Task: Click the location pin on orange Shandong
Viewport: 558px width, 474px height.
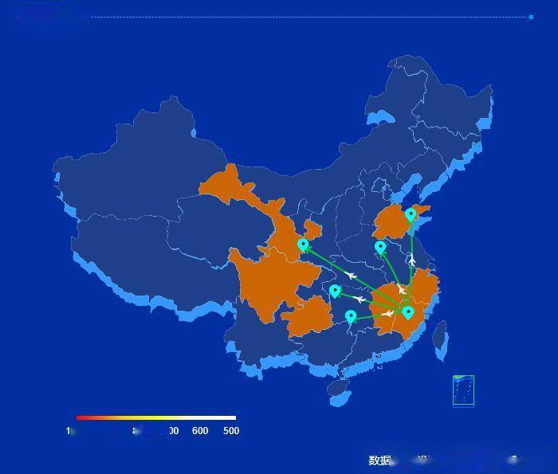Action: [411, 214]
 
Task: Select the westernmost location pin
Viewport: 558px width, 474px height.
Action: [303, 244]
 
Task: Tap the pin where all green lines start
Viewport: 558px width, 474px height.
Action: [408, 311]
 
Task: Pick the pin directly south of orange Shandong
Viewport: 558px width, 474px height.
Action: [380, 247]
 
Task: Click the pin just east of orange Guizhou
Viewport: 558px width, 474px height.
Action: [351, 316]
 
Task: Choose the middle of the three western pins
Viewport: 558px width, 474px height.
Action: [335, 291]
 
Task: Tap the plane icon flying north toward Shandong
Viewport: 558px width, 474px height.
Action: [411, 260]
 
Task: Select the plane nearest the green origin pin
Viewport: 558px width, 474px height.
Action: [388, 313]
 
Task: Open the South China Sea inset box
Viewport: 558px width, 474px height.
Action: [463, 390]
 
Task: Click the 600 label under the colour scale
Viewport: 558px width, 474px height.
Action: [200, 431]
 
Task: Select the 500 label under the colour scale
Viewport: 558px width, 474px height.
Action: [230, 431]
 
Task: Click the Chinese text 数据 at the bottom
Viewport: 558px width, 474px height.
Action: [379, 460]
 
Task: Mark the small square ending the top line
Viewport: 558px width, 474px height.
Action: [531, 17]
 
